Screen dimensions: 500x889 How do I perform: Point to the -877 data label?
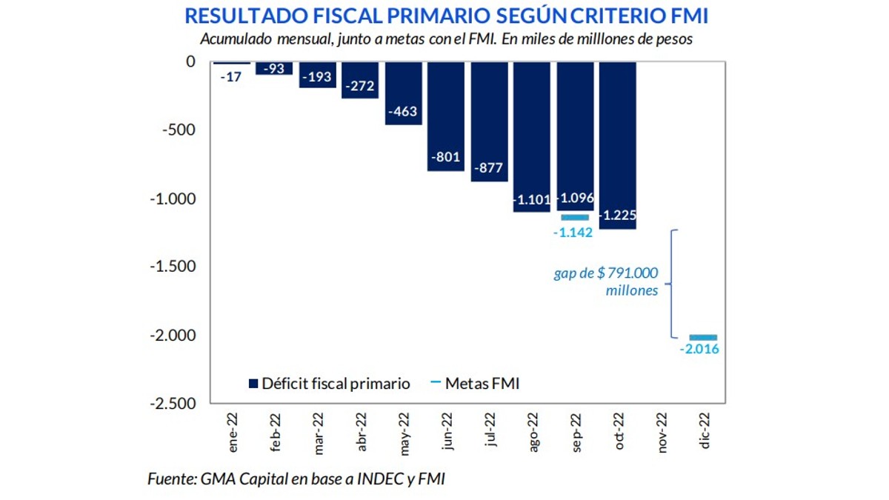click(x=488, y=167)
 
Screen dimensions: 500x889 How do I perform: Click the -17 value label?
click(x=232, y=76)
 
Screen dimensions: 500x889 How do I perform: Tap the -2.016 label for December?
click(x=699, y=350)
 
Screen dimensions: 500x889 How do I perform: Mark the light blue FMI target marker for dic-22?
click(x=703, y=337)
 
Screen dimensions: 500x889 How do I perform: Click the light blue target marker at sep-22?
click(x=575, y=217)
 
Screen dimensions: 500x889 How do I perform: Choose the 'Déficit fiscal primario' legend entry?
click(x=329, y=384)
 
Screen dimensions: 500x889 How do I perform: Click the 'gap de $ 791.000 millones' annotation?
click(x=606, y=282)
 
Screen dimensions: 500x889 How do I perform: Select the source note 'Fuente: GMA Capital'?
click(x=296, y=479)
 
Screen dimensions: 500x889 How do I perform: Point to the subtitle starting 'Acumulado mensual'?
click(x=446, y=39)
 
